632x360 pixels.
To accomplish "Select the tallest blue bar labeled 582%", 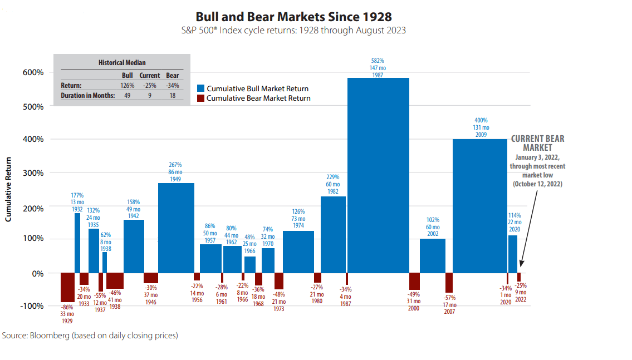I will pyautogui.click(x=378, y=175).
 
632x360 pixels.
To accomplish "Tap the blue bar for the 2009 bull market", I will pyautogui.click(x=479, y=206).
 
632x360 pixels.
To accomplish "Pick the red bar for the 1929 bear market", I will pyautogui.click(x=67, y=287).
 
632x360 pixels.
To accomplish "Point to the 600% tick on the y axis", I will pyautogui.click(x=33, y=72).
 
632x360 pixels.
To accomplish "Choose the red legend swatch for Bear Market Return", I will pyautogui.click(x=200, y=98).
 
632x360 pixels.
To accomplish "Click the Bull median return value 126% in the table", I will pyautogui.click(x=128, y=85).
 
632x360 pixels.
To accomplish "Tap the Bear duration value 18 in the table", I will pyautogui.click(x=173, y=95).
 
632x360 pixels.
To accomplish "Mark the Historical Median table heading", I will pyautogui.click(x=122, y=63).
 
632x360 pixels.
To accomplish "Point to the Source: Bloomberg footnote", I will pyautogui.click(x=90, y=336).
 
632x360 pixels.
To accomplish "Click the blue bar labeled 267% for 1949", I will pyautogui.click(x=176, y=228).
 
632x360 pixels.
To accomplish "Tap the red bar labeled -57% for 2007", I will pyautogui.click(x=449, y=283).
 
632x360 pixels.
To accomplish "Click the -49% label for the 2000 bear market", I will pyautogui.click(x=414, y=294).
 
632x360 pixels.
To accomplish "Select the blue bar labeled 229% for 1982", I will pyautogui.click(x=333, y=234).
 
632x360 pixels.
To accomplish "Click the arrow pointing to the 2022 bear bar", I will pyautogui.click(x=527, y=228).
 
